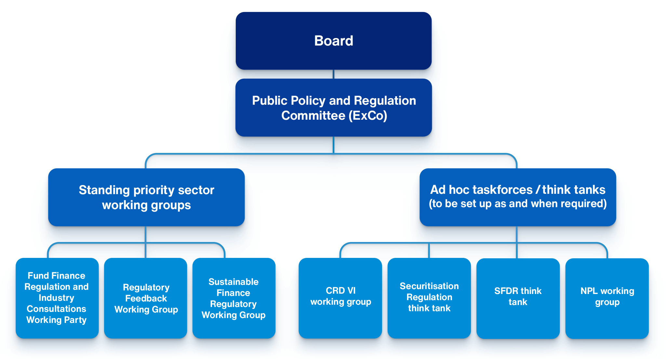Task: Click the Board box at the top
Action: click(333, 41)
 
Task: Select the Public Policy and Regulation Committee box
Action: click(333, 108)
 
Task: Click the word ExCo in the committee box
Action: click(367, 116)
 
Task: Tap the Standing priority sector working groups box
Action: click(146, 197)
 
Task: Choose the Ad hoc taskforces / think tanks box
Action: click(517, 197)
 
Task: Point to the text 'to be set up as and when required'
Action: click(517, 204)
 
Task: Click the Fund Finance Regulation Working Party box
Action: click(57, 298)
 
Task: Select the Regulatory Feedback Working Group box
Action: click(146, 298)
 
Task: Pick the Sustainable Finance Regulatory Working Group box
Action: click(234, 298)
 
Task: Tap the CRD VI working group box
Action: click(340, 298)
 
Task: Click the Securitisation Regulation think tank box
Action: click(429, 298)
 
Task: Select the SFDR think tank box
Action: click(518, 298)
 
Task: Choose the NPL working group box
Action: click(607, 298)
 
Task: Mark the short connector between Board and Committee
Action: click(333, 74)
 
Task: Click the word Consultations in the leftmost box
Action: click(56, 309)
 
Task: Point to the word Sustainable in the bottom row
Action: click(233, 282)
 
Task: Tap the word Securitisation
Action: click(429, 286)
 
